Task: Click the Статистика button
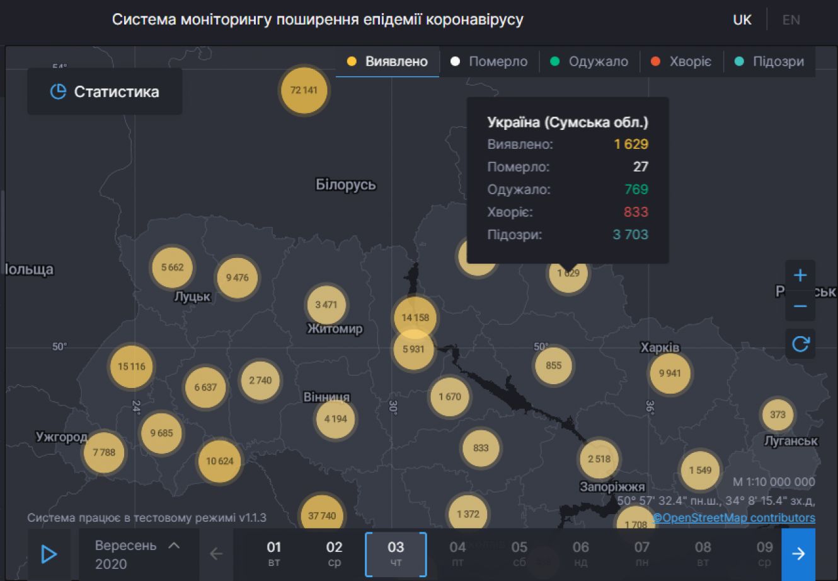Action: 105,92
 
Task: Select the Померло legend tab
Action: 489,61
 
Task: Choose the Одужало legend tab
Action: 589,61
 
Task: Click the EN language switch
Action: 791,20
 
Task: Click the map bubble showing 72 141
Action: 304,90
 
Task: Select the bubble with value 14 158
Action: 415,317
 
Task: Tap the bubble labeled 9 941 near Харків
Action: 670,373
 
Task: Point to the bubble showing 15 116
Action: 132,367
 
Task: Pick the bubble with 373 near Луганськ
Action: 778,414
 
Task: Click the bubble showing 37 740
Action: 322,515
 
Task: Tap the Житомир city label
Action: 335,329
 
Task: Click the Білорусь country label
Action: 346,185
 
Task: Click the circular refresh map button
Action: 800,344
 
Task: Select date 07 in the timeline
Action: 641,553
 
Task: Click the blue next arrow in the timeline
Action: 798,554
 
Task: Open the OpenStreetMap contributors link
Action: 734,518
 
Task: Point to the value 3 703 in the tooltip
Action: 630,235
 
